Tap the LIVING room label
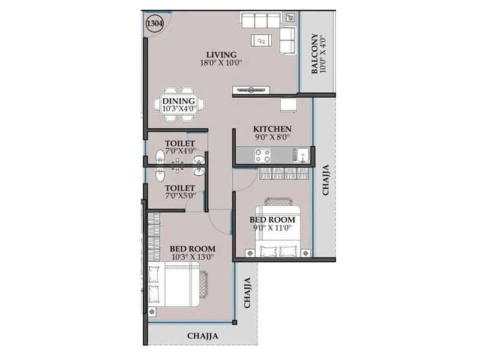[x=221, y=55]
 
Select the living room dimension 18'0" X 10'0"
[x=221, y=63]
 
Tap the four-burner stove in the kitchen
[x=263, y=156]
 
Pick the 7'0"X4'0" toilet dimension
[x=180, y=152]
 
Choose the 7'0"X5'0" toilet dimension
[x=180, y=196]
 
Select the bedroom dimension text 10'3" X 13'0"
[x=192, y=257]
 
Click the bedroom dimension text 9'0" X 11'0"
[x=272, y=228]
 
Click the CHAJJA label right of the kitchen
[x=325, y=180]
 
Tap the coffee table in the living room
[x=263, y=40]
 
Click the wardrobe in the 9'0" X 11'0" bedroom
[x=285, y=173]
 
